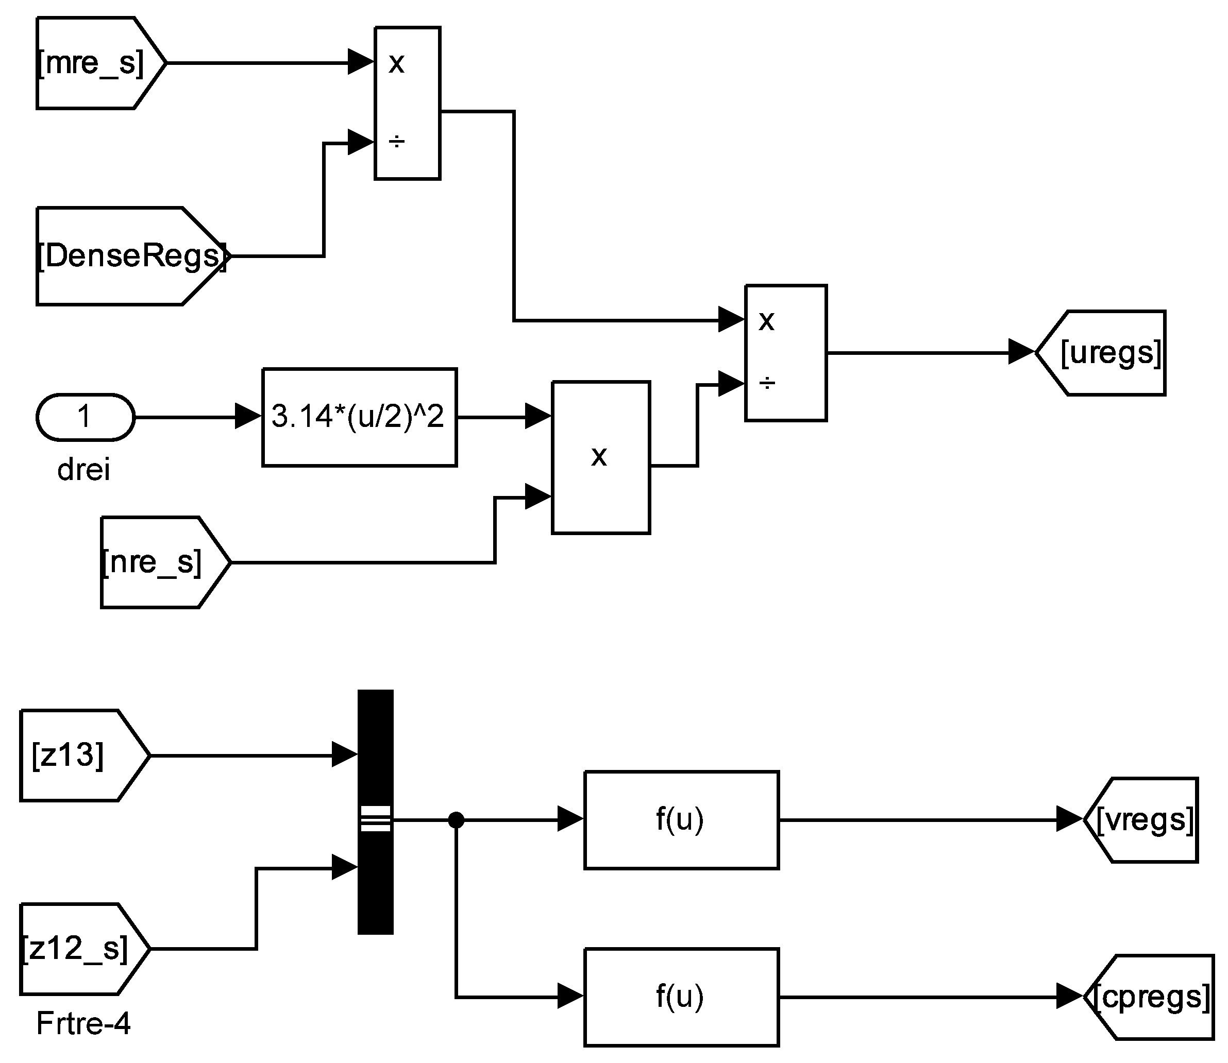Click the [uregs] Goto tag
(1107, 353)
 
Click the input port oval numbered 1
(86, 417)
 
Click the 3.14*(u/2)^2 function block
(360, 417)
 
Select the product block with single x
(601, 457)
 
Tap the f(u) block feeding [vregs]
(681, 820)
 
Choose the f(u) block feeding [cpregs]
(681, 997)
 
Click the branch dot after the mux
(456, 820)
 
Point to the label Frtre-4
(83, 1023)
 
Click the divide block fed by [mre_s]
(407, 102)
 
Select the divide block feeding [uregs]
(785, 353)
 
